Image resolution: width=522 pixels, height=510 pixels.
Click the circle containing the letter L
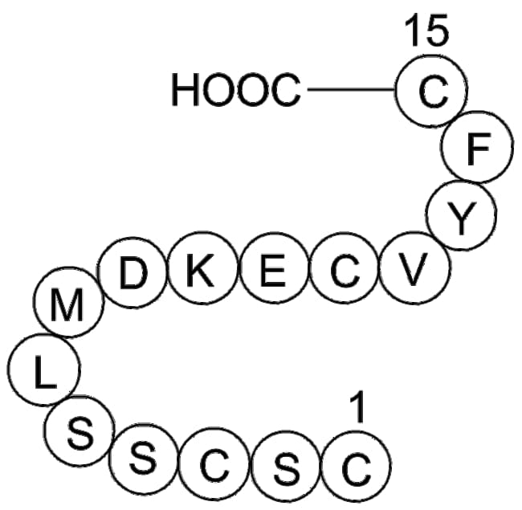click(43, 369)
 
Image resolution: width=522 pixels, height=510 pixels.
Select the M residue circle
click(68, 302)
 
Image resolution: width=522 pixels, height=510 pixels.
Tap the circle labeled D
click(133, 272)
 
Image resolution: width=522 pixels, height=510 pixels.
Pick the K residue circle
click(202, 267)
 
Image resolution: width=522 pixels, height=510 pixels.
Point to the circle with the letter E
click(274, 268)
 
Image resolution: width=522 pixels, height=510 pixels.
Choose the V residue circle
click(415, 268)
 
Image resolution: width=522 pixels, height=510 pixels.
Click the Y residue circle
click(461, 215)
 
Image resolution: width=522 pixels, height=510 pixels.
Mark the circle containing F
click(477, 147)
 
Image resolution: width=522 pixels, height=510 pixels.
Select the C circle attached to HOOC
click(431, 91)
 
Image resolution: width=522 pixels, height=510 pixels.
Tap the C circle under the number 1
click(356, 467)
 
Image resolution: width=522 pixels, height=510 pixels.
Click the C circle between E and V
click(345, 268)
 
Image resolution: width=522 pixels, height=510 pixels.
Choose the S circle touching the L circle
click(80, 430)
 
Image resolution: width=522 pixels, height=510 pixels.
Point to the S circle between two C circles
click(285, 466)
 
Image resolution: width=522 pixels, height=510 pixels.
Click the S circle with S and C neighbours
click(143, 459)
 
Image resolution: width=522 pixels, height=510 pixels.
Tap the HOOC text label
click(236, 90)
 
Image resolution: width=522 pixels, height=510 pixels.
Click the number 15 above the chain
click(427, 31)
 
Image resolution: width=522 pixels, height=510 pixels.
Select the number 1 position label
click(357, 410)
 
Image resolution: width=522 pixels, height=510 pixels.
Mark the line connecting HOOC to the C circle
click(351, 89)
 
